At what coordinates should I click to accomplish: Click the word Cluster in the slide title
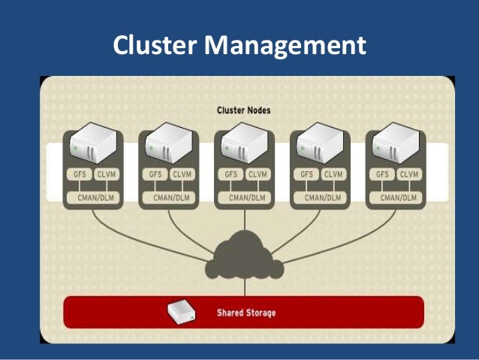pyautogui.click(x=155, y=46)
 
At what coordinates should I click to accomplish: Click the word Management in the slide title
pyautogui.click(x=286, y=47)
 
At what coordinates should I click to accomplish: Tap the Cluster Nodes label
pyautogui.click(x=244, y=110)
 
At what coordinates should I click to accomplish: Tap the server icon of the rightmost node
pyautogui.click(x=394, y=145)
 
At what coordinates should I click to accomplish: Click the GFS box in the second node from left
pyautogui.click(x=155, y=174)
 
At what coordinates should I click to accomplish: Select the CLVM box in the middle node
pyautogui.click(x=258, y=174)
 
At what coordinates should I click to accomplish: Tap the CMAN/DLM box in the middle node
pyautogui.click(x=244, y=196)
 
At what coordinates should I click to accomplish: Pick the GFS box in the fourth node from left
pyautogui.click(x=306, y=174)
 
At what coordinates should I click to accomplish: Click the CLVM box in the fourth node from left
pyautogui.click(x=333, y=174)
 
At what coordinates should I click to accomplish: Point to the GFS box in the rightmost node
pyautogui.click(x=381, y=174)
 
